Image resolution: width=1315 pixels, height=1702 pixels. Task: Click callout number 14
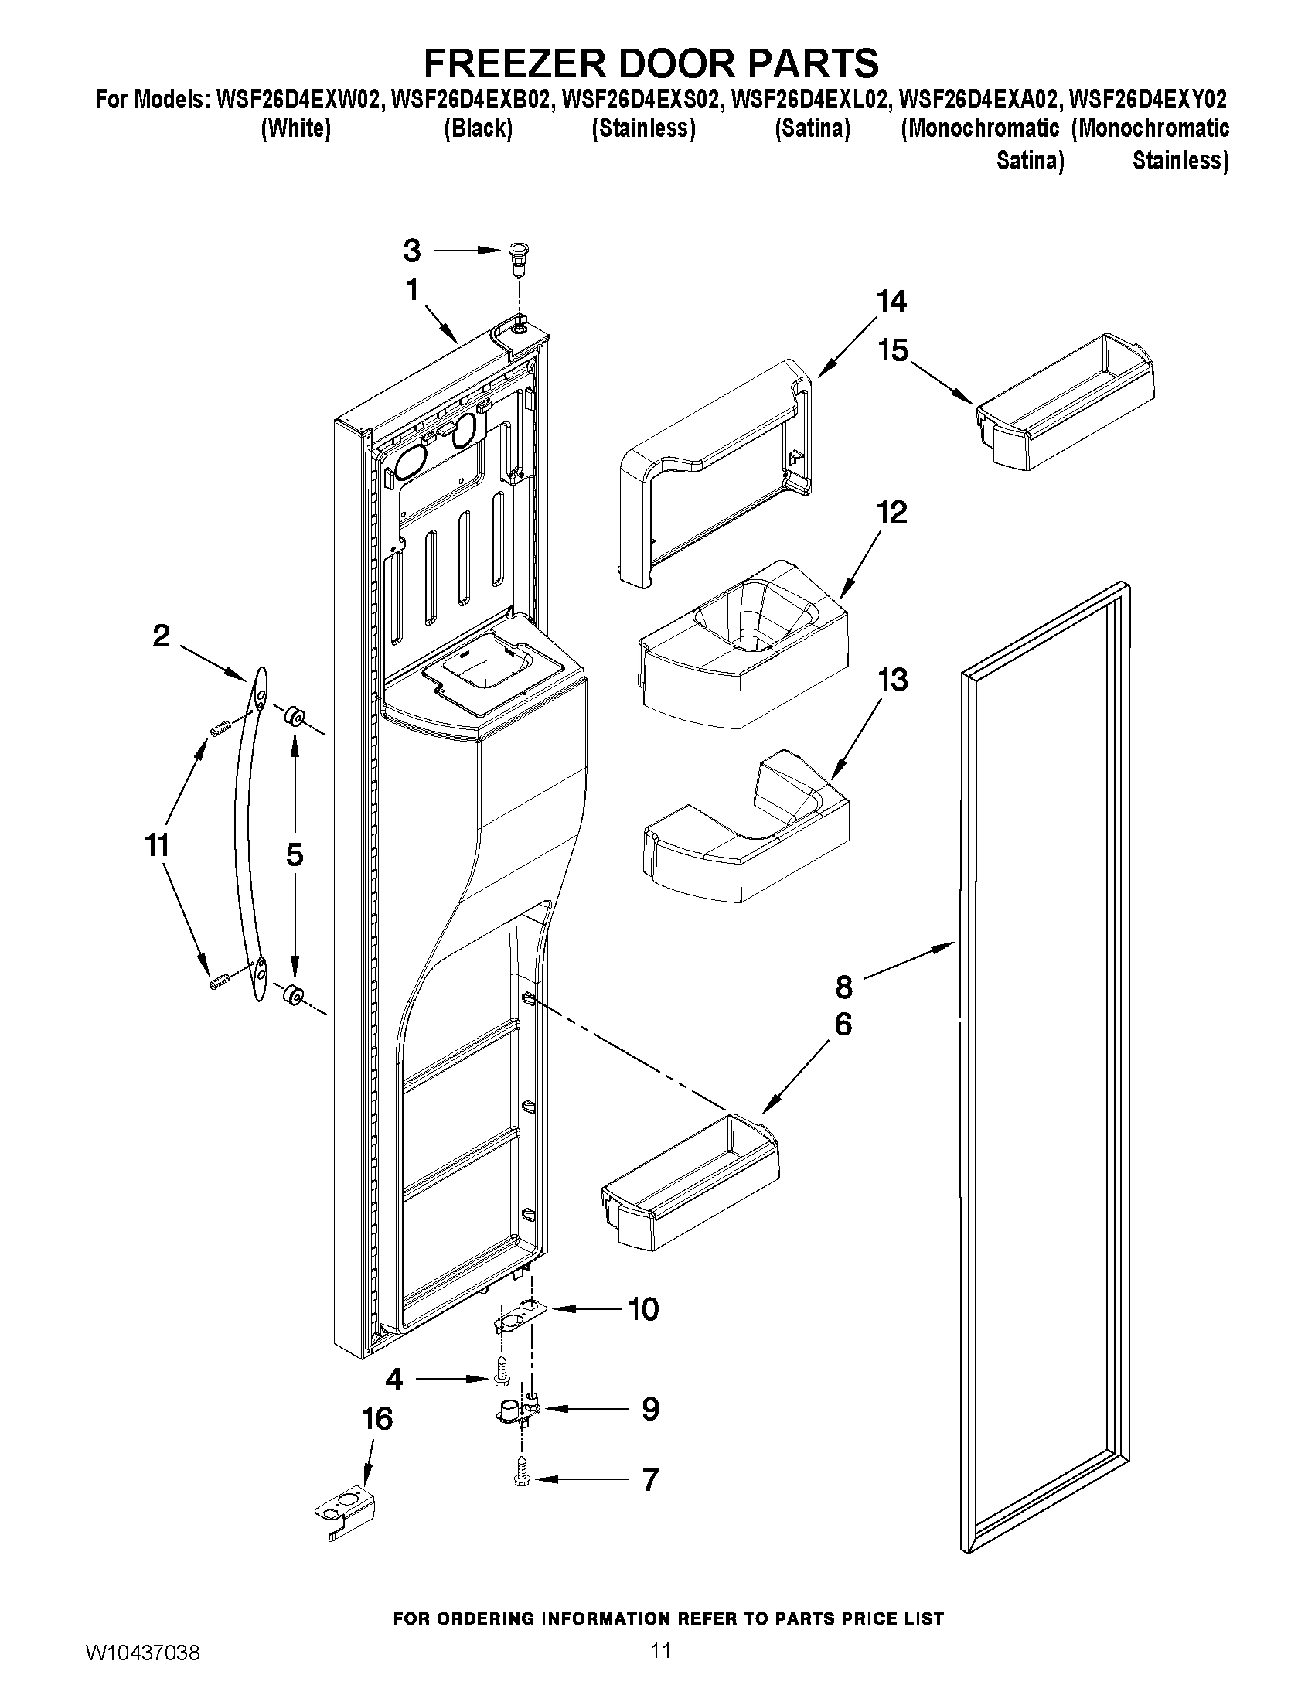pyautogui.click(x=891, y=302)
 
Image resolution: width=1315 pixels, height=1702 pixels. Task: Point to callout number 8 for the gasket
pyautogui.click(x=844, y=987)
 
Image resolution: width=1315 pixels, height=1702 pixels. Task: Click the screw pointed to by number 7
pyautogui.click(x=520, y=1479)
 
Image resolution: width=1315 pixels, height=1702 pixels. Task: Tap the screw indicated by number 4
pyautogui.click(x=502, y=1380)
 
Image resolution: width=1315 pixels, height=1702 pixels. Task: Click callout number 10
pyautogui.click(x=643, y=1309)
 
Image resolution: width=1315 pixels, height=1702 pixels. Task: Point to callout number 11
pyautogui.click(x=158, y=844)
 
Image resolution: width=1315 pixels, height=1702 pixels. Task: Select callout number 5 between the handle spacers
pyautogui.click(x=295, y=855)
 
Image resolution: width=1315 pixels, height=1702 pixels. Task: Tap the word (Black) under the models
pyautogui.click(x=478, y=128)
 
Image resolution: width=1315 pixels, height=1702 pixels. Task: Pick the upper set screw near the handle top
pyautogui.click(x=218, y=728)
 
